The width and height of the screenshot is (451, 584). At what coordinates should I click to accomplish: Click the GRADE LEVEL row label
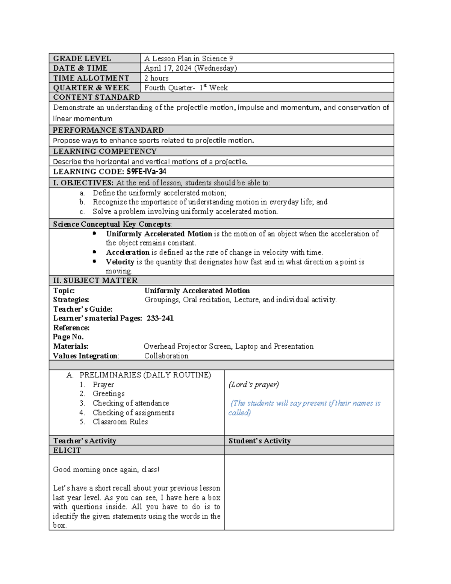click(82, 58)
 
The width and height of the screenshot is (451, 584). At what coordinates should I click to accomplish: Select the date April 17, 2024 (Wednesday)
click(191, 68)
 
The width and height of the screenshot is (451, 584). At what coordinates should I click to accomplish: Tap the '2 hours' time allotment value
click(156, 78)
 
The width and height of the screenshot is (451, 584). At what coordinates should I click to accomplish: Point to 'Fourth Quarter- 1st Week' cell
click(186, 88)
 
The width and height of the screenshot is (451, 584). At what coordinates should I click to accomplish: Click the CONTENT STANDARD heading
click(96, 97)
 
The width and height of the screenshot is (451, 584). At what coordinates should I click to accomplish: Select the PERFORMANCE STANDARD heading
click(108, 130)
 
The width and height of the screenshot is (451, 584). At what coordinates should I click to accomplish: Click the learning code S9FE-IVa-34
click(147, 172)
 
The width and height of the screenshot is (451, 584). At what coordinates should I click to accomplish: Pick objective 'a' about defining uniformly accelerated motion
click(159, 193)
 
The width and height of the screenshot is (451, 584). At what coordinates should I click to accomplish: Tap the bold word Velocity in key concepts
click(120, 262)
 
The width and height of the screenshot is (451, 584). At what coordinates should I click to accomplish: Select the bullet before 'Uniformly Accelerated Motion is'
click(94, 234)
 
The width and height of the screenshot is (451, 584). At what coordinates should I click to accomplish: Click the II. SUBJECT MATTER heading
click(95, 281)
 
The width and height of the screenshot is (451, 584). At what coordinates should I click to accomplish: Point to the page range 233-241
click(160, 319)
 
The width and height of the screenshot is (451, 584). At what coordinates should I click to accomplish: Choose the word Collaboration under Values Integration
click(166, 356)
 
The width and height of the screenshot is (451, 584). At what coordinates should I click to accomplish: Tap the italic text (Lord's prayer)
click(254, 385)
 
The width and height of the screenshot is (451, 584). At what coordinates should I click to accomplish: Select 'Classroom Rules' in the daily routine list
click(120, 422)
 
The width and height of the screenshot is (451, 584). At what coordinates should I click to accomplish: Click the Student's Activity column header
click(259, 441)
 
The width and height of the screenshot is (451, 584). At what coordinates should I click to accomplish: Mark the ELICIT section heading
click(67, 451)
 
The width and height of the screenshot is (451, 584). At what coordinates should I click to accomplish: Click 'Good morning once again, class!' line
click(106, 470)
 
